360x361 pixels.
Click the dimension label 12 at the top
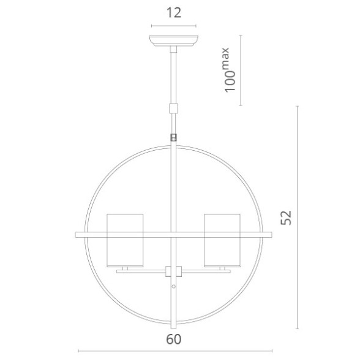click(x=174, y=13)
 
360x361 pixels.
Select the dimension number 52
click(x=286, y=218)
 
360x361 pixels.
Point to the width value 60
click(x=174, y=338)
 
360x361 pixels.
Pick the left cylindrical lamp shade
click(x=125, y=240)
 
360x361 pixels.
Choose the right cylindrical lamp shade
click(x=222, y=240)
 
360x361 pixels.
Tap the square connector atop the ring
click(x=174, y=138)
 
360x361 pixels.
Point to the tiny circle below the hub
click(x=174, y=287)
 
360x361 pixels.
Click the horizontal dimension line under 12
click(x=174, y=26)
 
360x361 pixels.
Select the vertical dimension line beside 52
click(x=298, y=218)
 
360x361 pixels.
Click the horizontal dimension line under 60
click(x=174, y=351)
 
